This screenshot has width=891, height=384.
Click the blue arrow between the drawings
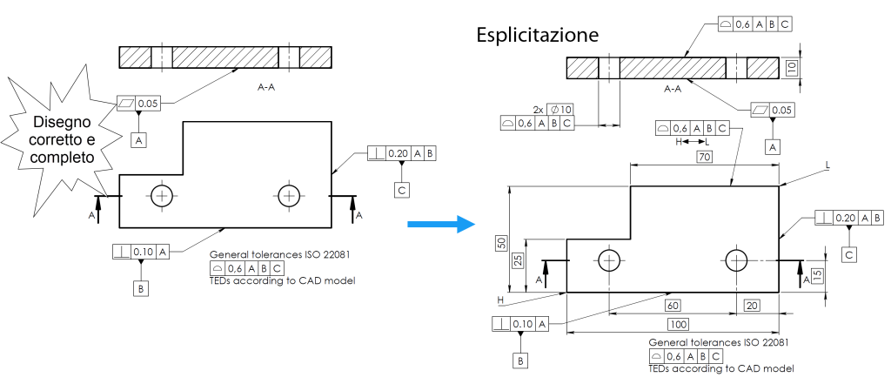[441, 225]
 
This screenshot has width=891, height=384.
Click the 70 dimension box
[704, 157]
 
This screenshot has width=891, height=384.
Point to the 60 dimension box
[672, 307]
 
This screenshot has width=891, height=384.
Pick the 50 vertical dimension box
[501, 243]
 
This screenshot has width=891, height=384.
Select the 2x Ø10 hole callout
[553, 109]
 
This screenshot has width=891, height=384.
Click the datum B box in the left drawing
[139, 286]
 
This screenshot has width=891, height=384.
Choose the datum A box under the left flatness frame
[139, 138]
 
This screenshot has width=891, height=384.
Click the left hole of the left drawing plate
[162, 195]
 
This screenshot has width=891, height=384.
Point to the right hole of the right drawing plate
[738, 259]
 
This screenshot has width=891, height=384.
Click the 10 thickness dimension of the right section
[791, 68]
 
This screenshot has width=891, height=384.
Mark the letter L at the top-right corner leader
[827, 165]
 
